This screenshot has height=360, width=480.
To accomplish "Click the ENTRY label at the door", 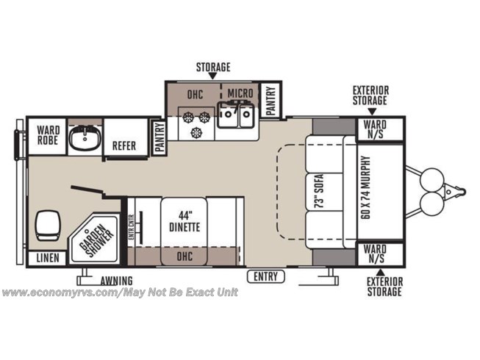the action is [265, 276].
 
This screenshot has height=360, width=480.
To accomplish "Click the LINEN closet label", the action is [48, 258].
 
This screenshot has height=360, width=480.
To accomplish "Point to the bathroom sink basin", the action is [85, 138].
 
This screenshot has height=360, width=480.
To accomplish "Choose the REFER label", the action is [124, 146].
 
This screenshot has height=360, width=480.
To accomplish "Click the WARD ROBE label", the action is [48, 135].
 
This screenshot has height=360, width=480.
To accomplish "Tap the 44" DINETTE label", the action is [185, 221].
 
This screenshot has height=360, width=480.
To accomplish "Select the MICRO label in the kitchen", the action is [240, 93].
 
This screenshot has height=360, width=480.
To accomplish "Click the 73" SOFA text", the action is [319, 192].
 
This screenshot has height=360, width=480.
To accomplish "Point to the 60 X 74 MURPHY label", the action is [365, 187].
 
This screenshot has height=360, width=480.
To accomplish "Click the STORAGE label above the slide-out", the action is [213, 67].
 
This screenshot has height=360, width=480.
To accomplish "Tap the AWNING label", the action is [116, 281].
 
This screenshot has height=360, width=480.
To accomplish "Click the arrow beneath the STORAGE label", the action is [213, 76].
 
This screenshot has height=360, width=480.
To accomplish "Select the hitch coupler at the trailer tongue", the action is [456, 192].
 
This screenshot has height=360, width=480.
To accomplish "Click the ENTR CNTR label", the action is [132, 227].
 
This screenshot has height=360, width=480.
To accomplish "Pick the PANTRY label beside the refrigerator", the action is [160, 137].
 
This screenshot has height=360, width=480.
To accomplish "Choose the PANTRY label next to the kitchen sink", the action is [271, 101].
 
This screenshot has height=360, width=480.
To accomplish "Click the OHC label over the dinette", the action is [185, 256].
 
